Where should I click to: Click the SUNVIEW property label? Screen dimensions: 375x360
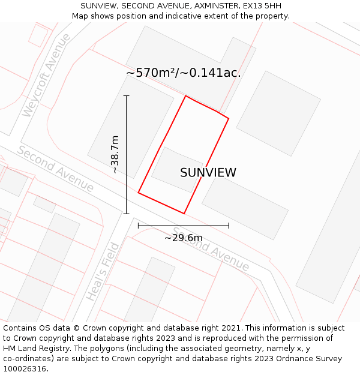pyautogui.click(x=208, y=173)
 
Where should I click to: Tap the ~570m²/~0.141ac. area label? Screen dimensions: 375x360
pyautogui.click(x=183, y=73)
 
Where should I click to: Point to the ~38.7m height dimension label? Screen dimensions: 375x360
pyautogui.click(x=115, y=155)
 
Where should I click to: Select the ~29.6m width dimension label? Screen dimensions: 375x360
pyautogui.click(x=183, y=238)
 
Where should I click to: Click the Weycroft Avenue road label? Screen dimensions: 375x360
pyautogui.click(x=46, y=76)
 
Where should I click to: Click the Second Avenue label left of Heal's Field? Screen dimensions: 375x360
pyautogui.click(x=55, y=169)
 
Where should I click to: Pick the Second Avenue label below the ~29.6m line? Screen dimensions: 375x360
pyautogui.click(x=211, y=249)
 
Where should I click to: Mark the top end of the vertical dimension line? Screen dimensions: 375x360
pyautogui.click(x=126, y=96)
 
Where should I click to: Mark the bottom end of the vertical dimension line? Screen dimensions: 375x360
pyautogui.click(x=126, y=213)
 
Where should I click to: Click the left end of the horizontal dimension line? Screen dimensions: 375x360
pyautogui.click(x=139, y=226)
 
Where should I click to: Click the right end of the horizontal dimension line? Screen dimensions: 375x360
pyautogui.click(x=229, y=226)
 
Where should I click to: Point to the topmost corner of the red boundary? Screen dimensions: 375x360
pyautogui.click(x=185, y=96)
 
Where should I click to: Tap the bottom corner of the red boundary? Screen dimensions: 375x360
pyautogui.click(x=184, y=213)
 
